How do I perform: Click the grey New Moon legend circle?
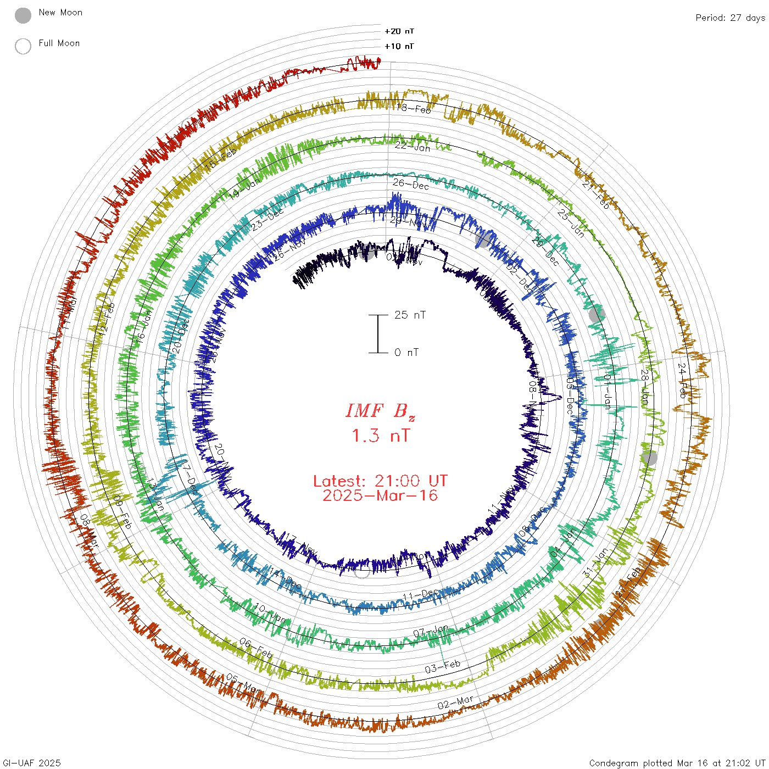(23, 16)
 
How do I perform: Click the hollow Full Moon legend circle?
(23, 46)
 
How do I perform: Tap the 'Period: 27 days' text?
(730, 18)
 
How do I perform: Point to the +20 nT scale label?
(399, 31)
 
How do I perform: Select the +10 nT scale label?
(399, 46)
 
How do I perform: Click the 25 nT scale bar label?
(410, 315)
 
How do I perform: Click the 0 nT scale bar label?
(406, 352)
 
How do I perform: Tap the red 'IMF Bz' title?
(380, 411)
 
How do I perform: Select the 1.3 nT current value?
(380, 436)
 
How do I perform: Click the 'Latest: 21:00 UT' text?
(380, 481)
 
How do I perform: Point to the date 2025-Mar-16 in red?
(380, 495)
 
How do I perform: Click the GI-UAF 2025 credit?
(32, 762)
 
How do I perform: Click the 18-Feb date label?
(414, 109)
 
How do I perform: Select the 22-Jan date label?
(413, 147)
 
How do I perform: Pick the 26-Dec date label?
(411, 185)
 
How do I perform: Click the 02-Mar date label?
(455, 703)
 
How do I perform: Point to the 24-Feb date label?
(682, 380)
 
